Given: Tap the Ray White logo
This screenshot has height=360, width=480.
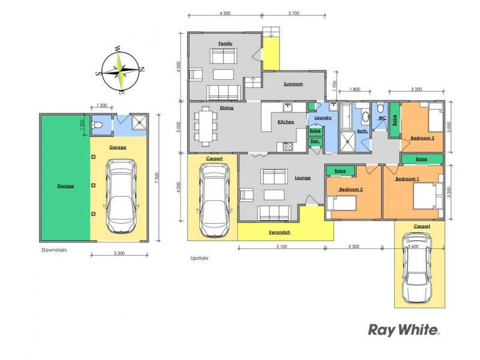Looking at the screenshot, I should pos(404,329).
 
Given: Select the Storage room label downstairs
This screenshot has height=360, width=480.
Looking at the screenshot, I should pos(65,186).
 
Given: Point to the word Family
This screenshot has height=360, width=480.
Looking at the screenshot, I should pos(225,44).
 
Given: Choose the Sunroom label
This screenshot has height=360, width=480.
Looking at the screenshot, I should pos(293,84).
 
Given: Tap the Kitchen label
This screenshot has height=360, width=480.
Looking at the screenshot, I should pos(286,122).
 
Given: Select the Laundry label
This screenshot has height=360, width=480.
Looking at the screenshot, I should pos(323,118).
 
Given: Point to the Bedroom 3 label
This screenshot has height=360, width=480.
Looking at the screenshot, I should pos(422,138).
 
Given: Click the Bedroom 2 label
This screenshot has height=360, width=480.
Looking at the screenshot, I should pos(350,190).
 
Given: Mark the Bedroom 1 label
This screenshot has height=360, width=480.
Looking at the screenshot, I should pos(407,179).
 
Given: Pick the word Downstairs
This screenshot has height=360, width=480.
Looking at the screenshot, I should pos(54,250).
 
